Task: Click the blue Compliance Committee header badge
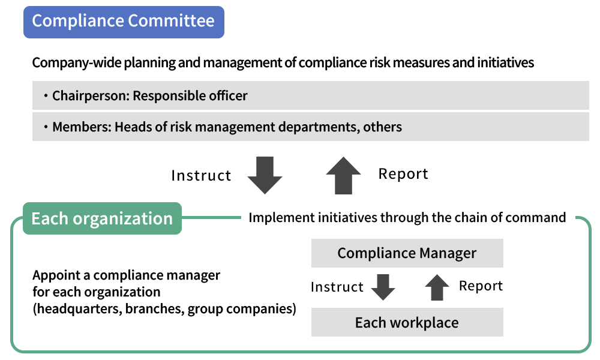pos(124,22)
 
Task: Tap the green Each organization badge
pos(102,218)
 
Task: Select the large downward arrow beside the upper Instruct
pos(265,175)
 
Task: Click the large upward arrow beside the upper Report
pos(343,175)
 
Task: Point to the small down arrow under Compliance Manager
pos(383,287)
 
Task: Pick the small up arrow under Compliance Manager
pos(437,287)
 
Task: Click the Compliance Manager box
pos(407,253)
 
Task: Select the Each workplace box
pos(407,322)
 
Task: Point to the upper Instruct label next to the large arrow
pos(201,176)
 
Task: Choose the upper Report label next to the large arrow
pos(403,174)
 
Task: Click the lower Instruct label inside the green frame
pos(337,287)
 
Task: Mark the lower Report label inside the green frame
pos(481,286)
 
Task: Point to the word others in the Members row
pos(383,127)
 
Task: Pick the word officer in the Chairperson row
pos(227,96)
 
